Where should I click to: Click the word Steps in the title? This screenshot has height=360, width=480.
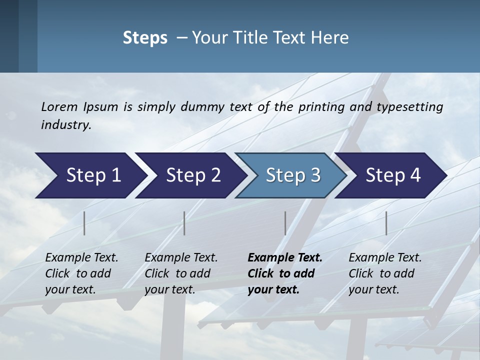click(145, 38)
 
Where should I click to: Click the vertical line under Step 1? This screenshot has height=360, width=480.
click(84, 223)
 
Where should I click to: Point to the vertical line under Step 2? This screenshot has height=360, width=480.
click(184, 223)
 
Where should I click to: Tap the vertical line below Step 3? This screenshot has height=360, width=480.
click(285, 223)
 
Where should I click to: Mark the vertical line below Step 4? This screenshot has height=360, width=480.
click(386, 223)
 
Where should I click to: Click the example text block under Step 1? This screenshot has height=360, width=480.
click(81, 273)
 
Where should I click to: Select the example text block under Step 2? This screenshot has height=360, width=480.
click(181, 273)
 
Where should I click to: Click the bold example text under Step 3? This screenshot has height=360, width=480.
click(284, 273)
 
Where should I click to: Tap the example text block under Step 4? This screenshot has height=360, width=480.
click(385, 273)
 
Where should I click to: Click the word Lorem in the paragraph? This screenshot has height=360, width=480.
click(59, 107)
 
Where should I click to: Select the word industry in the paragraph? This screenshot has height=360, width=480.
click(66, 125)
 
